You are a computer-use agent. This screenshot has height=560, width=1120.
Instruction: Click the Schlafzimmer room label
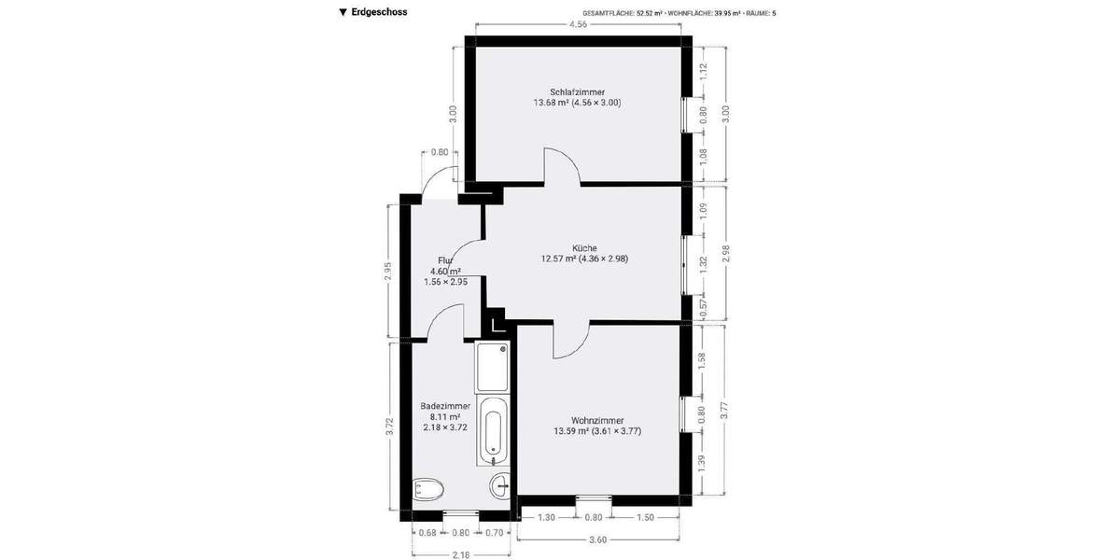pyautogui.click(x=577, y=91)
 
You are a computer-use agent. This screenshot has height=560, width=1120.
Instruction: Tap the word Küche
pyautogui.click(x=584, y=247)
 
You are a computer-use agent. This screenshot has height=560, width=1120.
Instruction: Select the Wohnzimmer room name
pyautogui.click(x=597, y=420)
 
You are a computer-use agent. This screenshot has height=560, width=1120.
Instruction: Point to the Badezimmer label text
pyautogui.click(x=445, y=406)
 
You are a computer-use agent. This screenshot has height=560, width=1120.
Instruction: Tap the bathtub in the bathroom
pyautogui.click(x=492, y=430)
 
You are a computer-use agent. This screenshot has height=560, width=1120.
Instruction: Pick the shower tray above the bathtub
pyautogui.click(x=492, y=368)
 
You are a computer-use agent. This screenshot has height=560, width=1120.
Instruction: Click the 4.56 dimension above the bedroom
pyautogui.click(x=578, y=24)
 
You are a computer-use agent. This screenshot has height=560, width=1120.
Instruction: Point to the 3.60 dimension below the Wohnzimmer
pyautogui.click(x=597, y=539)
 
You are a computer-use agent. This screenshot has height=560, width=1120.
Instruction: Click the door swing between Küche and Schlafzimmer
pyautogui.click(x=563, y=166)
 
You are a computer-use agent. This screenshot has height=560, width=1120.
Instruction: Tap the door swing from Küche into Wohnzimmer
pyautogui.click(x=570, y=341)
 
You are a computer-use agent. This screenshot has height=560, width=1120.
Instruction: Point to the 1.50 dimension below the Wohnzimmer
pyautogui.click(x=645, y=517)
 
